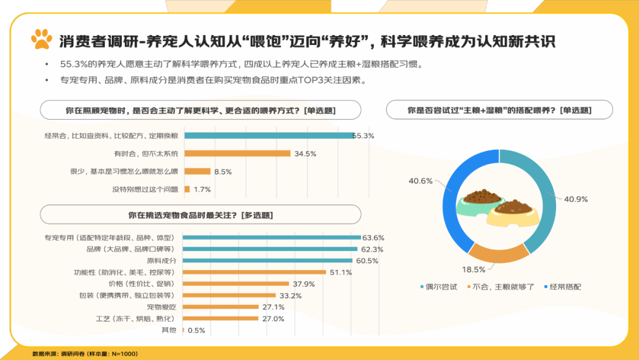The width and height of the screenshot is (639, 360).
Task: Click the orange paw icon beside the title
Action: point(41,40)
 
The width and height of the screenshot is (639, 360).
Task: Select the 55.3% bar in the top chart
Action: point(269,136)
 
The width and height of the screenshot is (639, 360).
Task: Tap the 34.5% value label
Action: point(305,154)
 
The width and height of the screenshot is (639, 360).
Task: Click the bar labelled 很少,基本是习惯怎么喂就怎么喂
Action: point(198,172)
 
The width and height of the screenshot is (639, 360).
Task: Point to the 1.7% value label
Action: point(202,189)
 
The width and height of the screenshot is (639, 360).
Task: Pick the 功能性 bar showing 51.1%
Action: point(255,272)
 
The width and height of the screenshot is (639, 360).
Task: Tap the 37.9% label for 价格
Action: point(304,284)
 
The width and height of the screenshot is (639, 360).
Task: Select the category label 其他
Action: point(169,330)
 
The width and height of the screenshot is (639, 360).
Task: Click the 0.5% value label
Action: point(196,330)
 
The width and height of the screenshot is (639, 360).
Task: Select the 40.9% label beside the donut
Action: point(576,200)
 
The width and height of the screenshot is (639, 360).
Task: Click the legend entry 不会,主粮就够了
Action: point(500,287)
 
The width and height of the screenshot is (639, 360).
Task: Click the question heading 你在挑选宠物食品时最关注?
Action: point(200,214)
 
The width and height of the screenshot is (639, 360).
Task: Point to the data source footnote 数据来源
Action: point(85,353)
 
